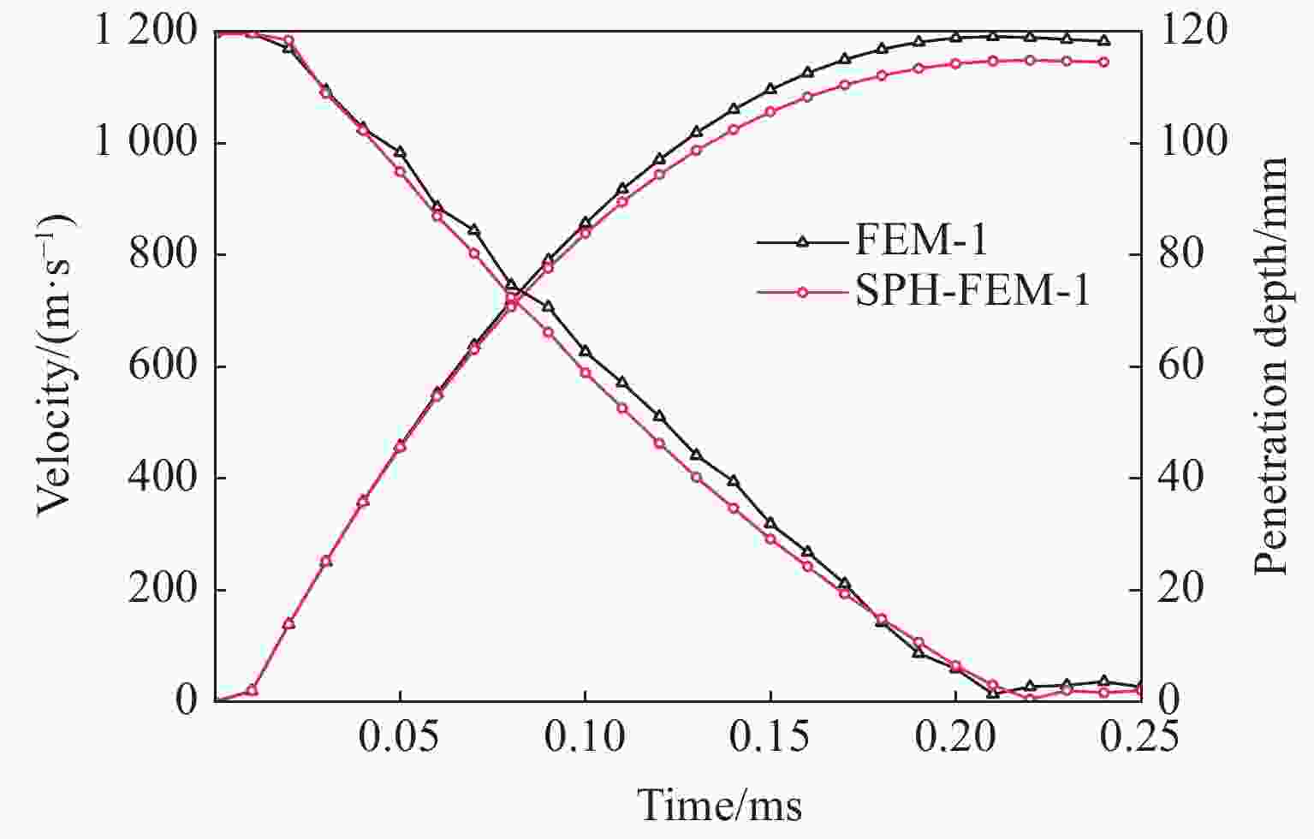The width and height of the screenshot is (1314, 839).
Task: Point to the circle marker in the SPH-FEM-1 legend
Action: (802, 293)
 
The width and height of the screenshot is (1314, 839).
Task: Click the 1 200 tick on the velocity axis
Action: (146, 33)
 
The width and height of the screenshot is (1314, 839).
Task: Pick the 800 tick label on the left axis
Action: (163, 255)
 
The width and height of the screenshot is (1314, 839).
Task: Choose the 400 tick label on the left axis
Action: (163, 478)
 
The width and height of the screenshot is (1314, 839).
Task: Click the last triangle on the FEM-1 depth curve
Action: (1103, 40)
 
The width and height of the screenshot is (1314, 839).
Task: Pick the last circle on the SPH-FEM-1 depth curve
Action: (1103, 62)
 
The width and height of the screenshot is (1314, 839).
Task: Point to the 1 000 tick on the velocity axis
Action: (146, 143)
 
